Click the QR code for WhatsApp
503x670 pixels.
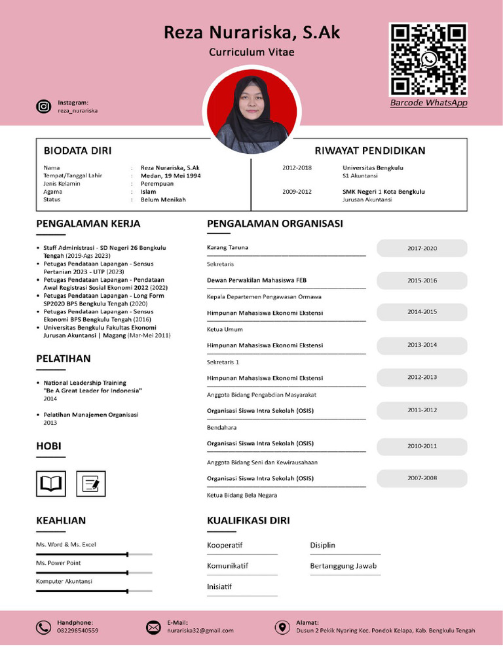428,60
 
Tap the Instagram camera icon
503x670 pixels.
43,106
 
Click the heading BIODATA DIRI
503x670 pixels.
77,150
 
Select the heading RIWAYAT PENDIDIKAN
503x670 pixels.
369,150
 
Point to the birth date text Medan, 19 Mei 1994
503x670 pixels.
170,176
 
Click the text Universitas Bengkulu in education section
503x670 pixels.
373,167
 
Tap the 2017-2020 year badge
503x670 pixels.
422,249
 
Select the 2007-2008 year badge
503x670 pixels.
422,478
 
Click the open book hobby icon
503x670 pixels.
50,484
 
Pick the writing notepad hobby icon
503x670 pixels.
90,484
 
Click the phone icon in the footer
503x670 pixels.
43,627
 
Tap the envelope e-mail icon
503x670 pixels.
153,627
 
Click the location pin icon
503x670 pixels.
282,627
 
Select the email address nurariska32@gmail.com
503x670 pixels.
200,631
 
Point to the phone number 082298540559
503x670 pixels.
77,631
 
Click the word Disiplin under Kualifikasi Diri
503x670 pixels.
322,545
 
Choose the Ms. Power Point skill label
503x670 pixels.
58,563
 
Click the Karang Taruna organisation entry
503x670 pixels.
227,247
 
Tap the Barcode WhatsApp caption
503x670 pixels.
428,103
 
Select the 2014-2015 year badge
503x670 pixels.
422,312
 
